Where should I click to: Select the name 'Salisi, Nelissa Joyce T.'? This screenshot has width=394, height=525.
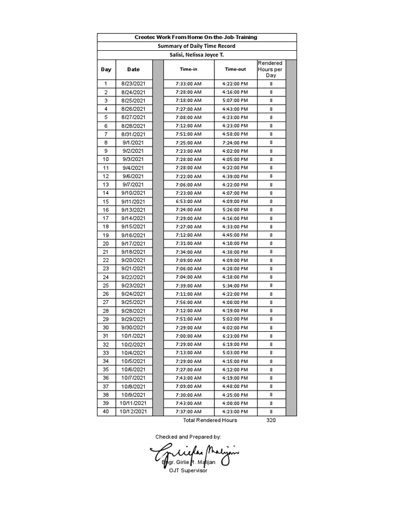(x=196, y=54)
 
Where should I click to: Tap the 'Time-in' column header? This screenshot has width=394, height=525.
(x=188, y=69)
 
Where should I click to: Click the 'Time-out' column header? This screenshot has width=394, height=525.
(x=235, y=69)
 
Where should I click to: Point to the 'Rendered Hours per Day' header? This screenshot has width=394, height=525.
(x=270, y=69)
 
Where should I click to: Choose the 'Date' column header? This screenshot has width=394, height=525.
(x=133, y=69)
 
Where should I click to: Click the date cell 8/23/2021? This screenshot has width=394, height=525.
(x=133, y=84)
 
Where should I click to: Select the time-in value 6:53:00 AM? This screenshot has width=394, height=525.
(x=188, y=201)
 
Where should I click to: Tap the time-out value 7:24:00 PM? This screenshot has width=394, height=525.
(x=235, y=143)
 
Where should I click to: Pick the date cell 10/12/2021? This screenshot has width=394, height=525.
(x=133, y=412)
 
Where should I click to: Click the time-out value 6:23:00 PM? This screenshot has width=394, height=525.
(x=235, y=336)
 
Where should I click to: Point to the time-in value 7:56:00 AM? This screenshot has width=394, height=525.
(x=188, y=302)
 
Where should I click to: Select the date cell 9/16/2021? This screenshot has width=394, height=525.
(x=133, y=235)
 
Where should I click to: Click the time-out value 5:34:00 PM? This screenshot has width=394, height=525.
(x=235, y=286)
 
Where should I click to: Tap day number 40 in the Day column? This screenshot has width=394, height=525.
(x=106, y=412)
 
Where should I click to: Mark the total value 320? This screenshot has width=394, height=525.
(x=271, y=420)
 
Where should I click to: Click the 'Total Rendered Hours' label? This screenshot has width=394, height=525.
(x=210, y=420)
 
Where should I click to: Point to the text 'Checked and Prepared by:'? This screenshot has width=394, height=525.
(x=188, y=437)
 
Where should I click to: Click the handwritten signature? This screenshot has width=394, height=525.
(x=194, y=454)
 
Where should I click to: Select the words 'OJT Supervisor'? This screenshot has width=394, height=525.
(x=188, y=471)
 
